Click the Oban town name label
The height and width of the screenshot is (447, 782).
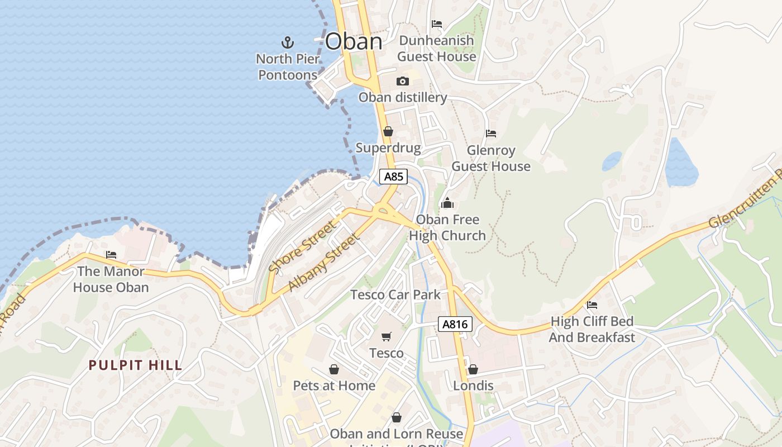pos(354,41)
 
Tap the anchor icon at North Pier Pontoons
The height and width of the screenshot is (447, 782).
pos(287,42)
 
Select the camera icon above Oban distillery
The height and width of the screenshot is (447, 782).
pos(402,82)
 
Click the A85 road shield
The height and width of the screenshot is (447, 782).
pos(394,177)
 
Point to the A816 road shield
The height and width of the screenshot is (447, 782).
pos(455,324)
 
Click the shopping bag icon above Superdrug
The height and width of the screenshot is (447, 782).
pos(388,132)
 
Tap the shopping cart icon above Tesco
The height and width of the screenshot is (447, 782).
pos(386,336)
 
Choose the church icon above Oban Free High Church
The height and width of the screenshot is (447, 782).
pos(447,203)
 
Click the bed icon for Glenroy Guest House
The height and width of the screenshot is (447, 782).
pos(491,134)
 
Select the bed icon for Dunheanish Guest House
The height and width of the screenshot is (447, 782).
pos(437,24)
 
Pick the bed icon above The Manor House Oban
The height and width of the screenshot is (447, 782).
pos(111,255)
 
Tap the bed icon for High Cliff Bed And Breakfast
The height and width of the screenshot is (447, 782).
pos(592,305)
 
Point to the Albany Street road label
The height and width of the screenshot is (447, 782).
pos(325,262)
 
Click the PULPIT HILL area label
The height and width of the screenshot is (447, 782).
pos(135,365)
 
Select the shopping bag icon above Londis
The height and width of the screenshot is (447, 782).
pos(473,369)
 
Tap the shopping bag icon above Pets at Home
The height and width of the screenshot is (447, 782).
pos(334,369)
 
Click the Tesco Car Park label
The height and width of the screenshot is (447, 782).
pos(395,294)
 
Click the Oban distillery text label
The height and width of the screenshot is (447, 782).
pos(403,98)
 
